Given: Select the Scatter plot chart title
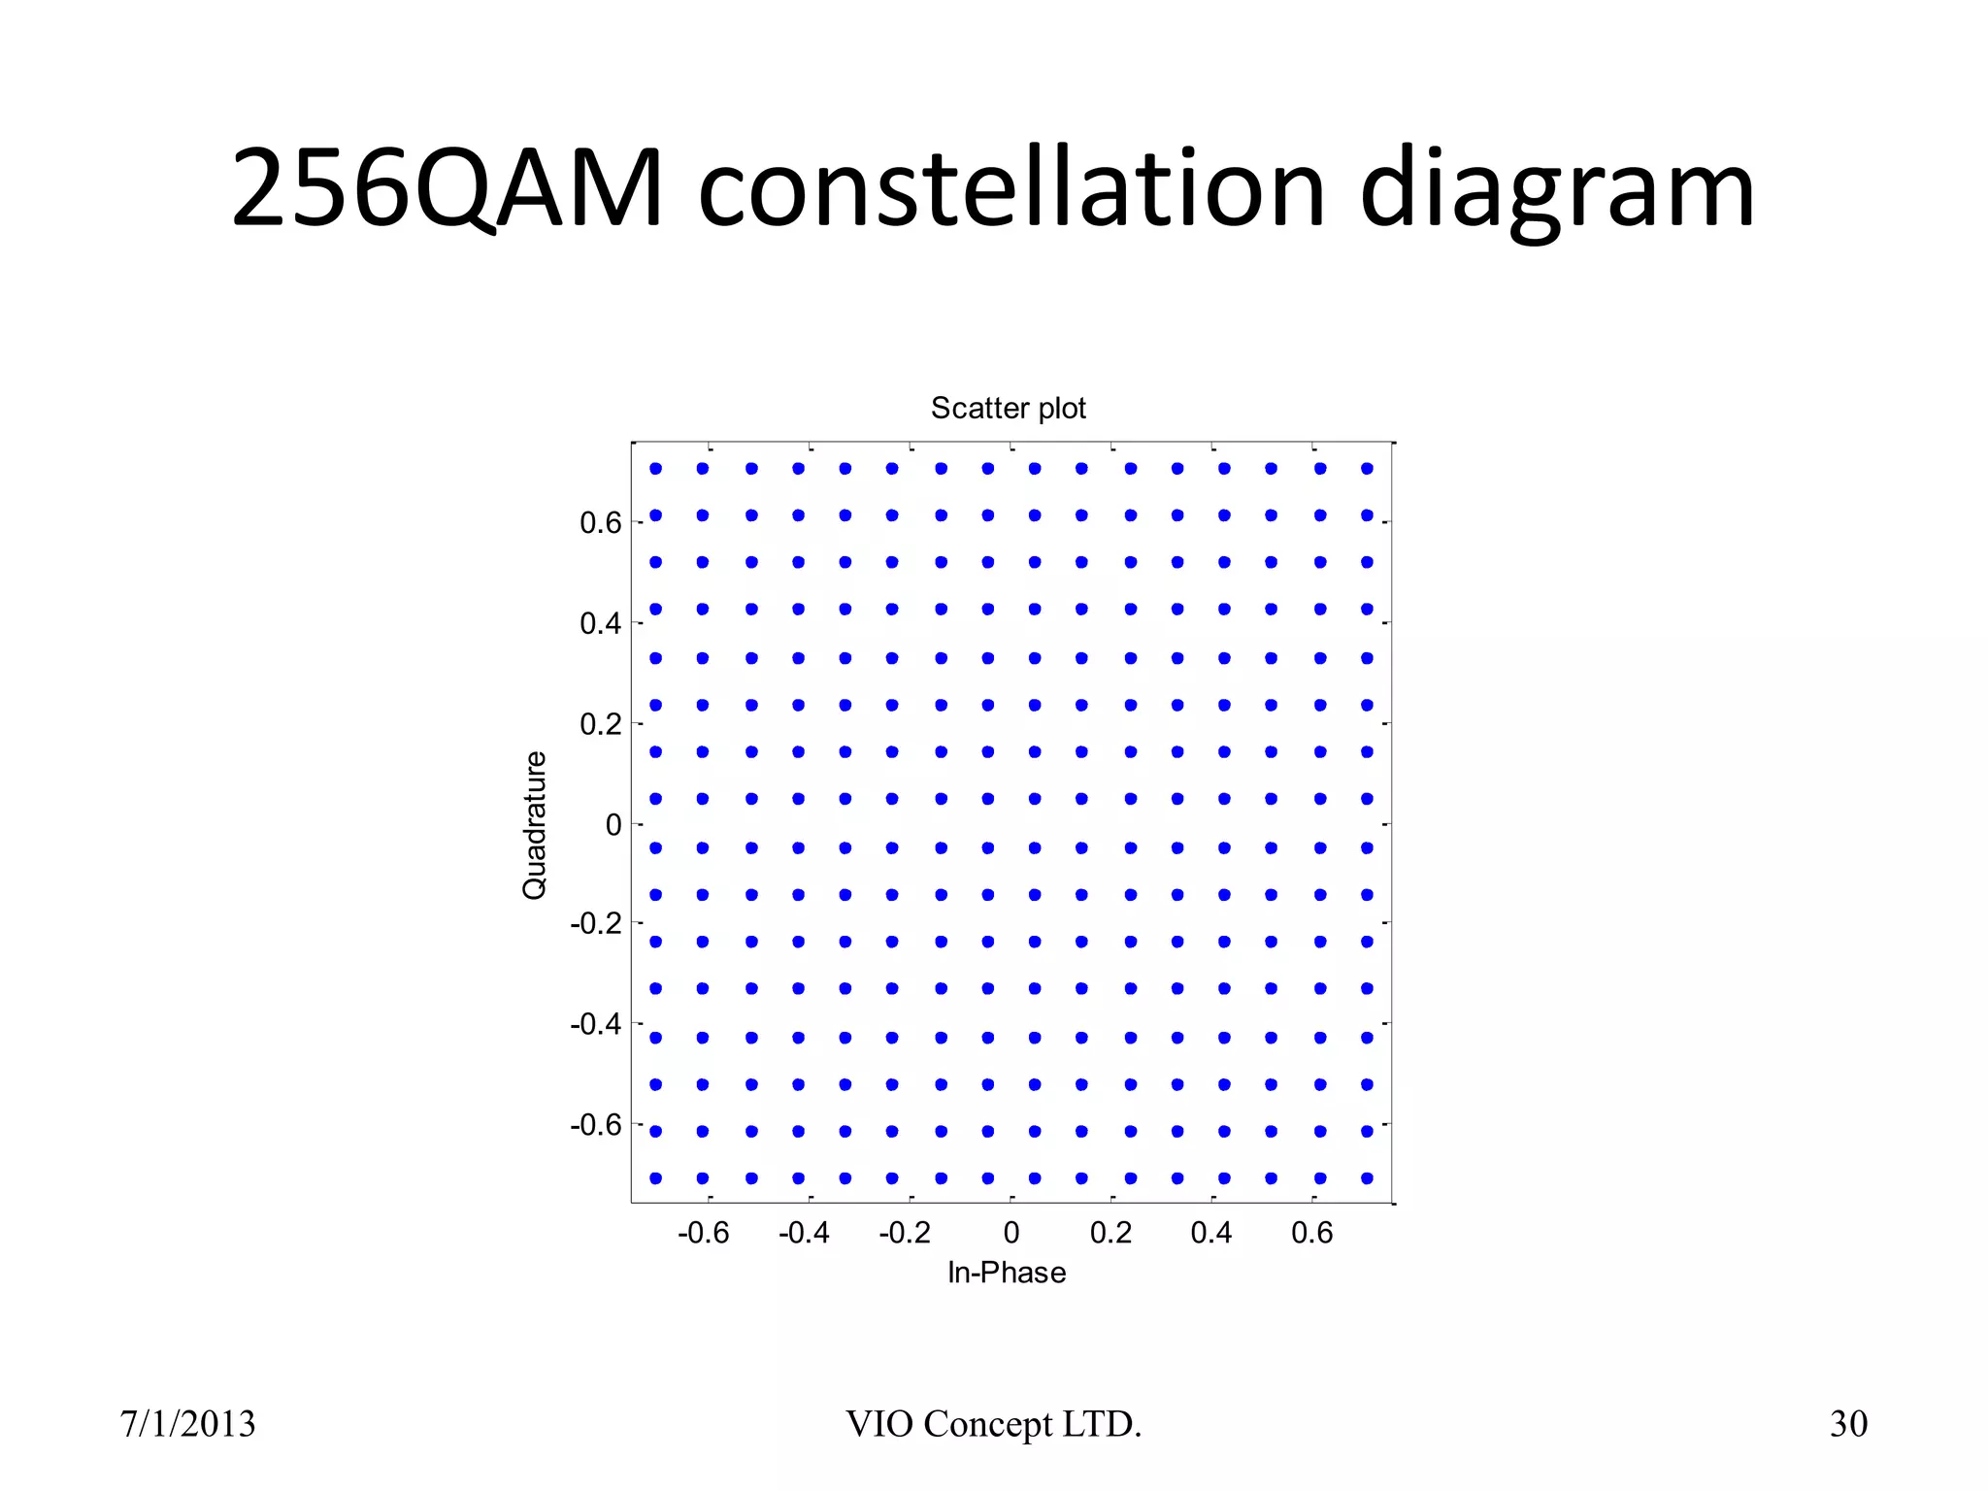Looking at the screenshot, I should [x=1008, y=408].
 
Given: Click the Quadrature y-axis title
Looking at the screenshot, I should [x=535, y=825].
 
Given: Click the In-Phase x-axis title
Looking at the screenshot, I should [x=1007, y=1273].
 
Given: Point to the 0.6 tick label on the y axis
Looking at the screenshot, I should [x=600, y=523].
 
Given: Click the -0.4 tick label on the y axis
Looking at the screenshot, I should [x=595, y=1024].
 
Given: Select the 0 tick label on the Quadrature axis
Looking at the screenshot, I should [x=613, y=825].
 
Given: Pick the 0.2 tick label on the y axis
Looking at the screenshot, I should [x=600, y=724].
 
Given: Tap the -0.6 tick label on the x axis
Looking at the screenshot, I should [x=703, y=1233].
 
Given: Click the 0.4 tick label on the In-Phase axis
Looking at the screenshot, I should [x=1211, y=1233].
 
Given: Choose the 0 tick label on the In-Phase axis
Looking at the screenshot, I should [x=1011, y=1233].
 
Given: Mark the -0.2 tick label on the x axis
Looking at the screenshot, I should [x=904, y=1233].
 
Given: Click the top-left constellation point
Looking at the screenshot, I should [x=656, y=469].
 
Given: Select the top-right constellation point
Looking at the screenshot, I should [x=1367, y=469].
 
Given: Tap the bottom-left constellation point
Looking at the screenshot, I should [x=656, y=1178].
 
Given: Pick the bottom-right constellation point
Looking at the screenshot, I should [x=1367, y=1178].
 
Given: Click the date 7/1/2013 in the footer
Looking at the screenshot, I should [x=187, y=1424].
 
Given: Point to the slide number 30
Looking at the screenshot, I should [x=1848, y=1424].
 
